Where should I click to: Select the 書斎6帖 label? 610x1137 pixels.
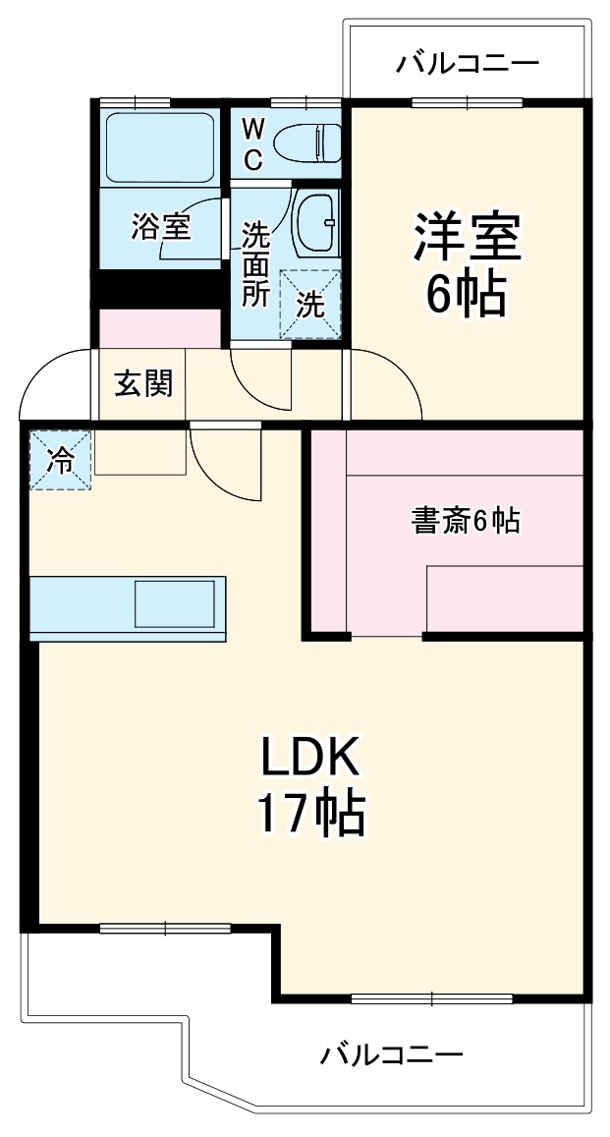point(464,522)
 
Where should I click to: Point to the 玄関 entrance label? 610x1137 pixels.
point(144,384)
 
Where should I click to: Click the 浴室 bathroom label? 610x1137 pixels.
point(161,228)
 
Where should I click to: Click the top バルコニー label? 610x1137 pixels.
point(468,65)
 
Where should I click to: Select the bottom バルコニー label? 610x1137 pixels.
point(392,1056)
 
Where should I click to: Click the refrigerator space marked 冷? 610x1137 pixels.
point(61,460)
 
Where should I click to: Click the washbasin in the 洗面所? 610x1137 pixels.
point(316,222)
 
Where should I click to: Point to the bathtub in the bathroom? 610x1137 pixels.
point(159,146)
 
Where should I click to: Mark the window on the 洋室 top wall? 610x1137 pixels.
point(468,102)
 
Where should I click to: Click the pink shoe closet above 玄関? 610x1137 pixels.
point(160,328)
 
